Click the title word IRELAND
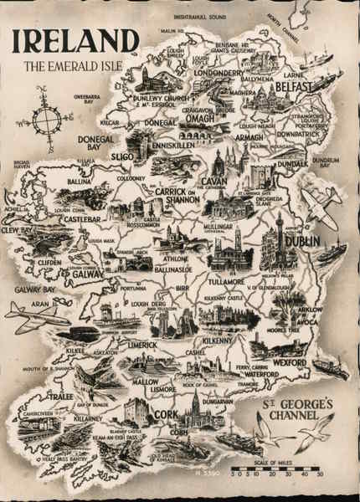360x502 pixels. (x=75, y=41)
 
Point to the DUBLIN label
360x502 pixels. (x=301, y=241)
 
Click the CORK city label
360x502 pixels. (x=167, y=414)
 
